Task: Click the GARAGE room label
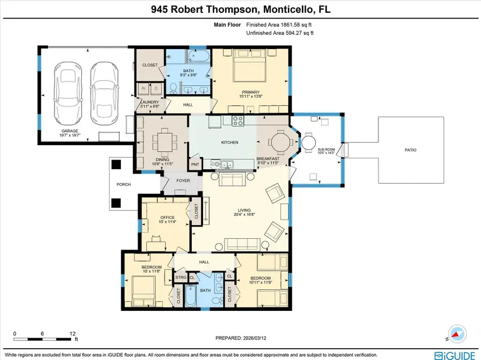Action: click(69, 131)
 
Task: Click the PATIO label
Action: click(410, 150)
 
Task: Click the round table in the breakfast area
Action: click(280, 143)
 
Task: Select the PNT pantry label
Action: click(195, 165)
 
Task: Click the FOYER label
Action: click(183, 181)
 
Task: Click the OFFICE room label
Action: click(168, 217)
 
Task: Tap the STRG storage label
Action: click(181, 277)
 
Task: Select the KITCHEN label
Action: click(230, 142)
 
